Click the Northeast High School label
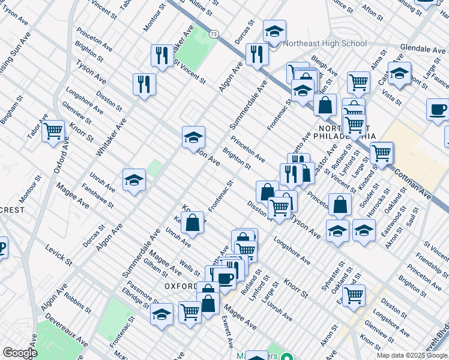[x=321, y=43]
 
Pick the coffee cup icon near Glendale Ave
[x=438, y=109]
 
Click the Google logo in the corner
[x=20, y=353]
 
